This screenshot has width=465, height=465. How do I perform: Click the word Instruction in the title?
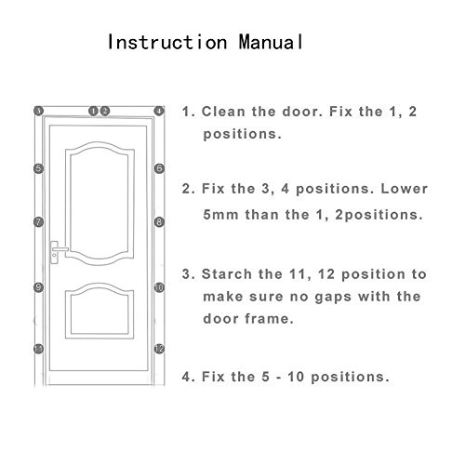[167, 42]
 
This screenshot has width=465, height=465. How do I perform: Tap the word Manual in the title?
[271, 42]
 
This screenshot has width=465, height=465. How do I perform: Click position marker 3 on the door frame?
[38, 111]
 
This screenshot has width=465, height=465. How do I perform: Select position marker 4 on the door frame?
[159, 111]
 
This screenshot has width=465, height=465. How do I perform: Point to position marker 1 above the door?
[93, 111]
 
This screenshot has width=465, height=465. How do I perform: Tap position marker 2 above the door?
[105, 111]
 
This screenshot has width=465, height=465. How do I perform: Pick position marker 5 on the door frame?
[38, 168]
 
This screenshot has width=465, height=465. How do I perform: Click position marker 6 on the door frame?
[159, 168]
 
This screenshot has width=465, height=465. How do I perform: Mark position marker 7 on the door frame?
[38, 222]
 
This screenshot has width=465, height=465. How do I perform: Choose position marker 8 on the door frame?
[159, 222]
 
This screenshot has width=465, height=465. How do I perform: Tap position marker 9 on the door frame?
[38, 287]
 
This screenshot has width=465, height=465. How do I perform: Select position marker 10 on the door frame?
[159, 287]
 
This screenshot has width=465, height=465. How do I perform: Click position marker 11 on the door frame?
[38, 349]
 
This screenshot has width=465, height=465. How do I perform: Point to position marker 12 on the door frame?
[159, 349]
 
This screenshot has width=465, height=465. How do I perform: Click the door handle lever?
[60, 249]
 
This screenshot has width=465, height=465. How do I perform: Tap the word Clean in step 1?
[223, 112]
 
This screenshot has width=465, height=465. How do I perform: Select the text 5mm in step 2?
[220, 215]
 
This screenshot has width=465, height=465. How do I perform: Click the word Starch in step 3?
[227, 274]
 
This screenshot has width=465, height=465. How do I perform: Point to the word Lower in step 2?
[405, 189]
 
